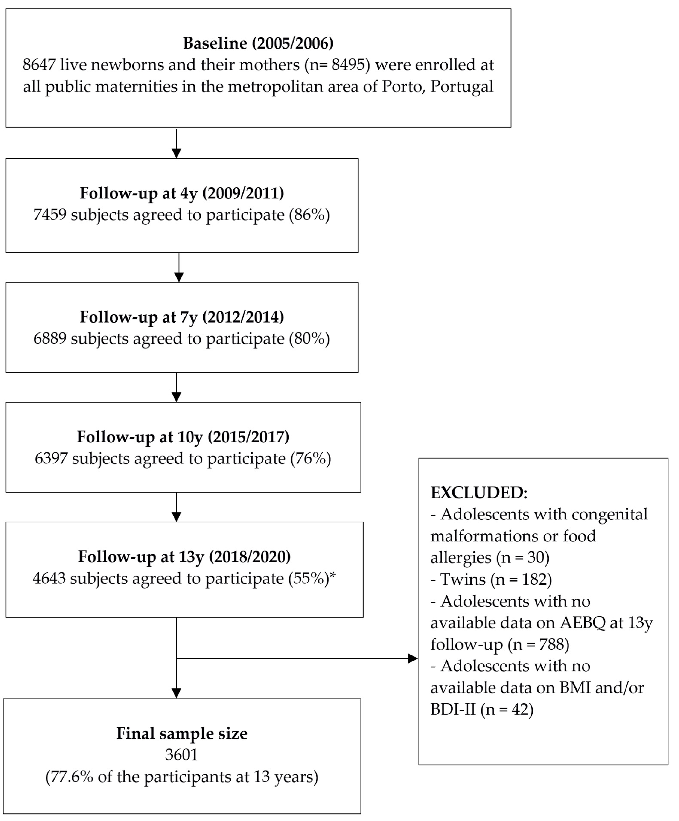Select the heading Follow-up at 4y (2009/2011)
point(182,193)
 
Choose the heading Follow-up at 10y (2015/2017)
point(183,437)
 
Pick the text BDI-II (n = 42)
point(482,709)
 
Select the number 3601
point(181,755)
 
